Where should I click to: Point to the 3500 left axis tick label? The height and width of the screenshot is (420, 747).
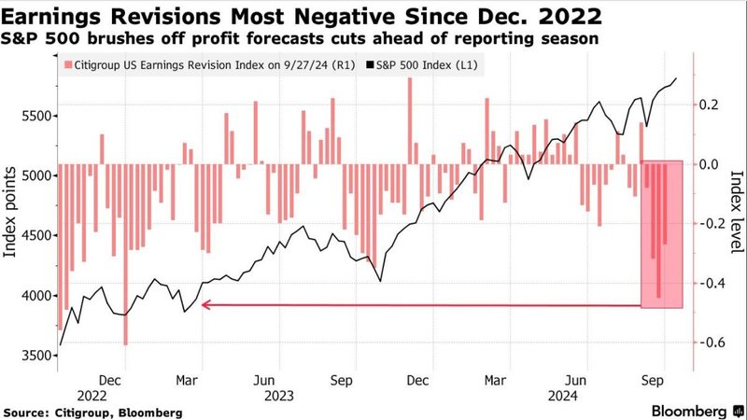point(30,356)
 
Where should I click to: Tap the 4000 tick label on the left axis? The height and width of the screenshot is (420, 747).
point(30,296)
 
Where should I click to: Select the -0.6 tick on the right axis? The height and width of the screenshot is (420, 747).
point(714,343)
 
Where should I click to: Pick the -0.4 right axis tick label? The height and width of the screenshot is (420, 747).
point(714,283)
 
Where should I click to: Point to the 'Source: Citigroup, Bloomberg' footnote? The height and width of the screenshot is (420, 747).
point(93,412)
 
